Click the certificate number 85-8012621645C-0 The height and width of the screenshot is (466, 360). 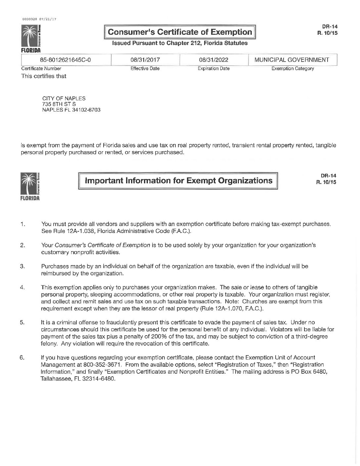[x=65, y=60]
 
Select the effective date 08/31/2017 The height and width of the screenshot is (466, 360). [x=145, y=60]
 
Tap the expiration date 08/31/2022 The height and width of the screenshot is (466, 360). [x=213, y=60]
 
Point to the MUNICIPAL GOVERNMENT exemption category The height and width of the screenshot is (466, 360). [x=292, y=60]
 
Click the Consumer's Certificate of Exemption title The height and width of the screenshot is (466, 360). [x=180, y=32]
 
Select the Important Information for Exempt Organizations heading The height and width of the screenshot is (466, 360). [x=179, y=180]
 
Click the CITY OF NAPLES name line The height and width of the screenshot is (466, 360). [x=64, y=98]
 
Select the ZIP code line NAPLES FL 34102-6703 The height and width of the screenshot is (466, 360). [x=71, y=110]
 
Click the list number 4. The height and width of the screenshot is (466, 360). [x=22, y=287]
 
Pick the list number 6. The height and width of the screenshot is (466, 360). [x=22, y=357]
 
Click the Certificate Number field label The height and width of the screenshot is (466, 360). [x=41, y=69]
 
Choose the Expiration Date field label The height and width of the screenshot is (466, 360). [x=213, y=69]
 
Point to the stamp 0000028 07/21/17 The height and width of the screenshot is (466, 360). [x=39, y=19]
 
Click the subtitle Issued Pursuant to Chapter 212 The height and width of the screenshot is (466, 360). [x=180, y=43]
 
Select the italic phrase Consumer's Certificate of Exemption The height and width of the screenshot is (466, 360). [x=102, y=245]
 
